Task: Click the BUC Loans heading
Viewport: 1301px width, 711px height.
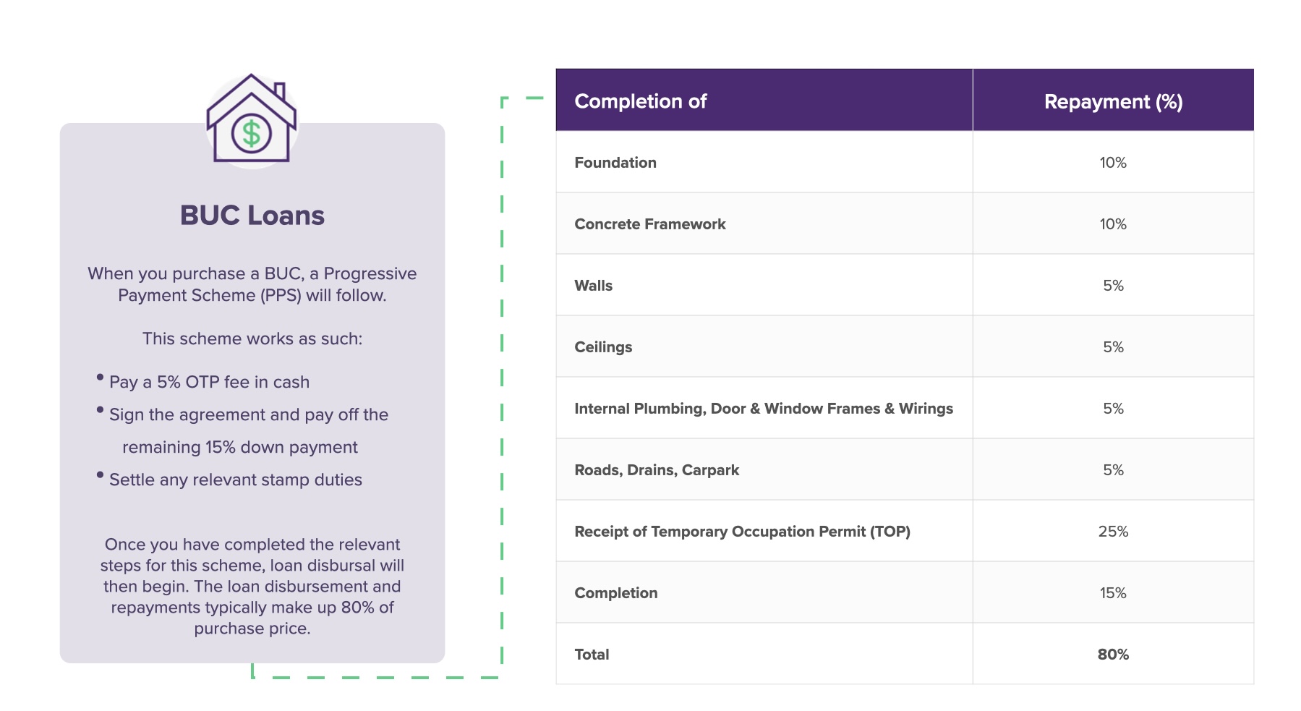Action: pos(252,216)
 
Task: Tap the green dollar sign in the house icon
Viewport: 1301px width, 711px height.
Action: pos(251,134)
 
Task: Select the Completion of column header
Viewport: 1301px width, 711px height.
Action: pos(640,101)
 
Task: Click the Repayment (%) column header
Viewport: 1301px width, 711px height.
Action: pos(1112,102)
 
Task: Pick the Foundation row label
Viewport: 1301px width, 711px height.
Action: pos(615,163)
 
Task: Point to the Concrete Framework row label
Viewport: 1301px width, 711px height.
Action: pos(649,224)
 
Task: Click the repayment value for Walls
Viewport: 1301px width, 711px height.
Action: pos(1112,286)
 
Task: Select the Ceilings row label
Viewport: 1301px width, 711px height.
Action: pos(602,347)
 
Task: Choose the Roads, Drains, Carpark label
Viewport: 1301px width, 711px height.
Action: pos(656,470)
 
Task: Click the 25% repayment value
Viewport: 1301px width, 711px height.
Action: pos(1112,532)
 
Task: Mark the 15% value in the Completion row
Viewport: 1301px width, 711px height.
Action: pos(1112,593)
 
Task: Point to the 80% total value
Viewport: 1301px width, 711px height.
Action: pos(1112,655)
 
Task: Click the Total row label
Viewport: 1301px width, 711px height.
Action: pos(591,655)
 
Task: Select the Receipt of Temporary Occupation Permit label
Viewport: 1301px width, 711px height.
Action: pos(741,532)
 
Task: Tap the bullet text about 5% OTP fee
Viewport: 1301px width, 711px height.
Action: pos(209,382)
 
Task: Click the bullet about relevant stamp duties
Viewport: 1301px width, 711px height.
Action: pos(235,480)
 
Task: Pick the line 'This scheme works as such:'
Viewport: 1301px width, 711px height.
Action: pos(252,339)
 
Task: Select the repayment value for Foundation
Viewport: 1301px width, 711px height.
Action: pos(1112,163)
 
